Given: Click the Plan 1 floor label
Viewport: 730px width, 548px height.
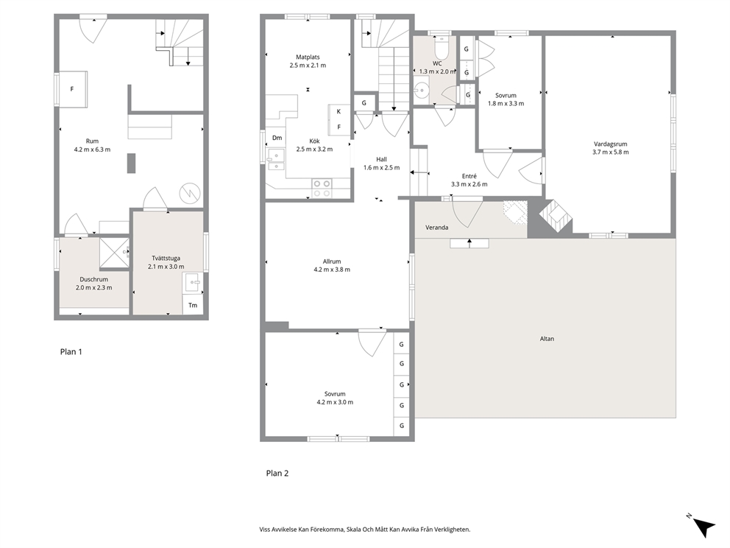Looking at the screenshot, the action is tap(71, 352).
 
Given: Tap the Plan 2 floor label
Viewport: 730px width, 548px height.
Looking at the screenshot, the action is tap(277, 474).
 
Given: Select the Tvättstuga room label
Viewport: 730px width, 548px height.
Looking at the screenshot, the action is tap(166, 258).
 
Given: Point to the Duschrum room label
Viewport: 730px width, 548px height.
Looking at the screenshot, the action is tap(93, 280).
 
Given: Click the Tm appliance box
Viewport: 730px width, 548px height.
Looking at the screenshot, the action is tap(193, 305).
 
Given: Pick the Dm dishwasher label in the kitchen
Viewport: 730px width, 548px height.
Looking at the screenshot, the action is tap(277, 138).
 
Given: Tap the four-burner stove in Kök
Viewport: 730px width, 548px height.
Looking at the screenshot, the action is tap(322, 188).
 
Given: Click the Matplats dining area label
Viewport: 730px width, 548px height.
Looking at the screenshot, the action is tap(308, 57).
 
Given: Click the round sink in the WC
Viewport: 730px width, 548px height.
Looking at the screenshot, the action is tap(422, 89).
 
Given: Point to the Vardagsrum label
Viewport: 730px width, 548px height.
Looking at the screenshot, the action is tap(610, 144).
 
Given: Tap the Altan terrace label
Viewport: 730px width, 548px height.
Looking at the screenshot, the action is tap(547, 339).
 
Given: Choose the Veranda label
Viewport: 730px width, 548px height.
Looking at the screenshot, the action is tap(436, 228).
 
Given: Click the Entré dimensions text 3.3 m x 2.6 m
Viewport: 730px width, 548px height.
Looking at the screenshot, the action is tap(469, 184).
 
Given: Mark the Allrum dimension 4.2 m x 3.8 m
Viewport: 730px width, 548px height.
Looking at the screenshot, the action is tap(331, 270).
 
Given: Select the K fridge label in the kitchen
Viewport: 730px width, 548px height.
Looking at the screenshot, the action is tap(339, 111).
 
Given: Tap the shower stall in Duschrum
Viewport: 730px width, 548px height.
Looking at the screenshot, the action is tap(115, 253).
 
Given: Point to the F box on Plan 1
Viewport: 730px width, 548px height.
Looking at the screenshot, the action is tap(71, 89).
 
